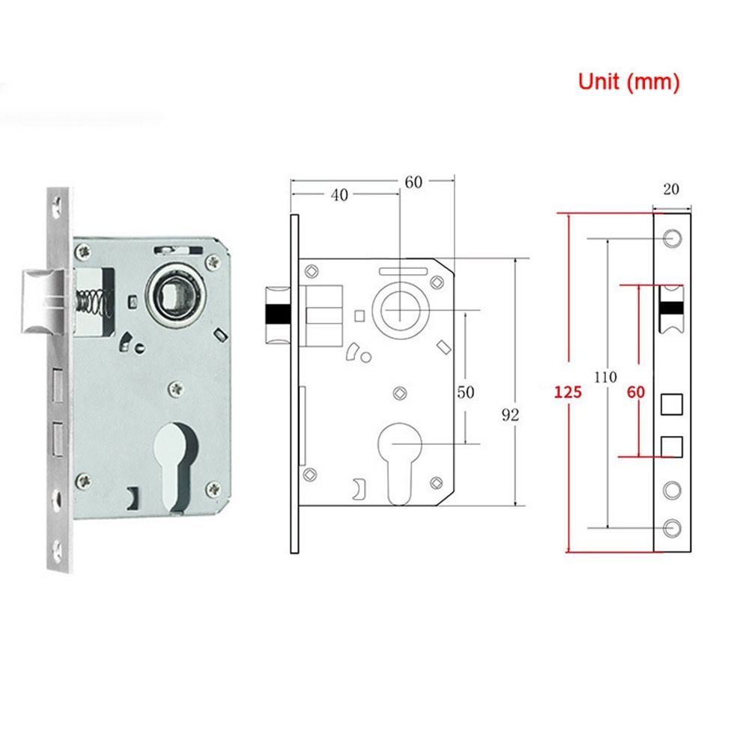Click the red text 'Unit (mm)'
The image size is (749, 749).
tap(628, 82)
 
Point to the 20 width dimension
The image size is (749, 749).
tap(671, 189)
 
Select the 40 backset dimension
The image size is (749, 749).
tap(339, 195)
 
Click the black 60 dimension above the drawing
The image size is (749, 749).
tap(414, 181)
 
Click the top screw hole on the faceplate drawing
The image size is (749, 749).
tap(672, 239)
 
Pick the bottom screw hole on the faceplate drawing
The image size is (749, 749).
tap(672, 527)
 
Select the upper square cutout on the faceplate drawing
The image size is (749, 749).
tap(671, 404)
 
